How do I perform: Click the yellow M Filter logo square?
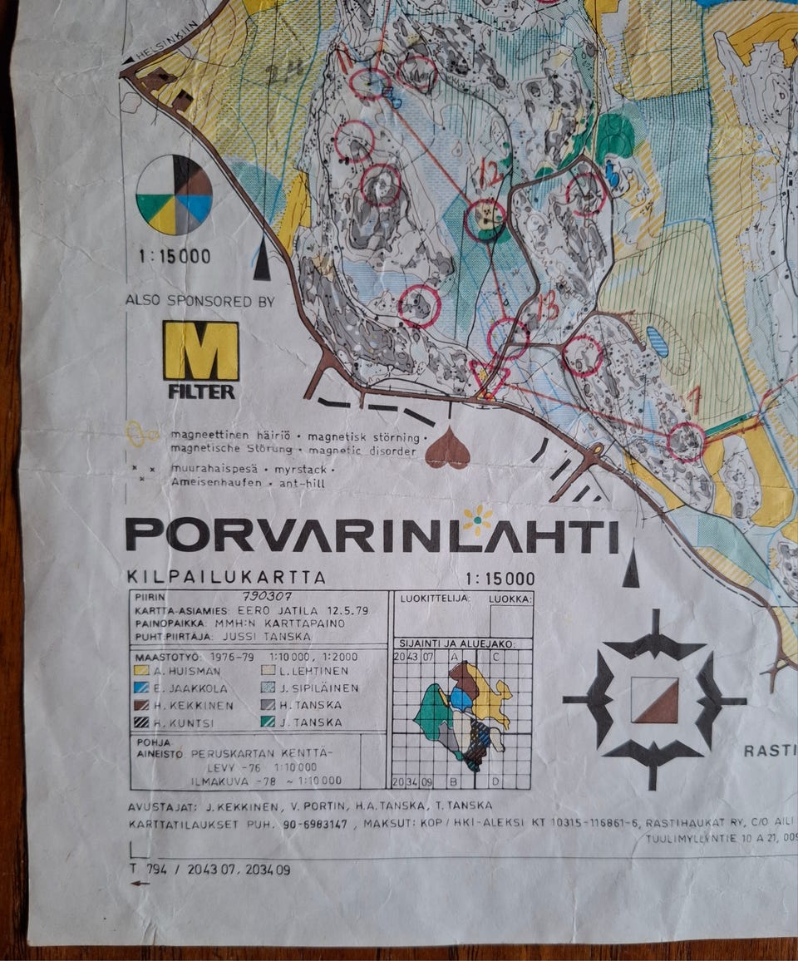[x=200, y=351]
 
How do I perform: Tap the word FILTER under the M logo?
[x=201, y=391]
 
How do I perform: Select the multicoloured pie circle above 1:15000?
[x=174, y=195]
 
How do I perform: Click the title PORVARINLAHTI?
[x=372, y=536]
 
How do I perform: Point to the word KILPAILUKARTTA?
[x=226, y=577]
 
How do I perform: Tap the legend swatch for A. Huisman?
[x=141, y=670]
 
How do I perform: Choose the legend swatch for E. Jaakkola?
[x=141, y=687]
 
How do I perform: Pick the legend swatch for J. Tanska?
[x=267, y=722]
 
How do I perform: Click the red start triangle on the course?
[x=489, y=377]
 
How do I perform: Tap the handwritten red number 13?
[x=546, y=308]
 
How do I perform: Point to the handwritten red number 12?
[x=492, y=174]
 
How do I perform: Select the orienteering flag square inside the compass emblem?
[x=654, y=700]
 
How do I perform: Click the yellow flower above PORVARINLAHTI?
[x=477, y=520]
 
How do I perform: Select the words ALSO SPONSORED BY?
[x=199, y=301]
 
